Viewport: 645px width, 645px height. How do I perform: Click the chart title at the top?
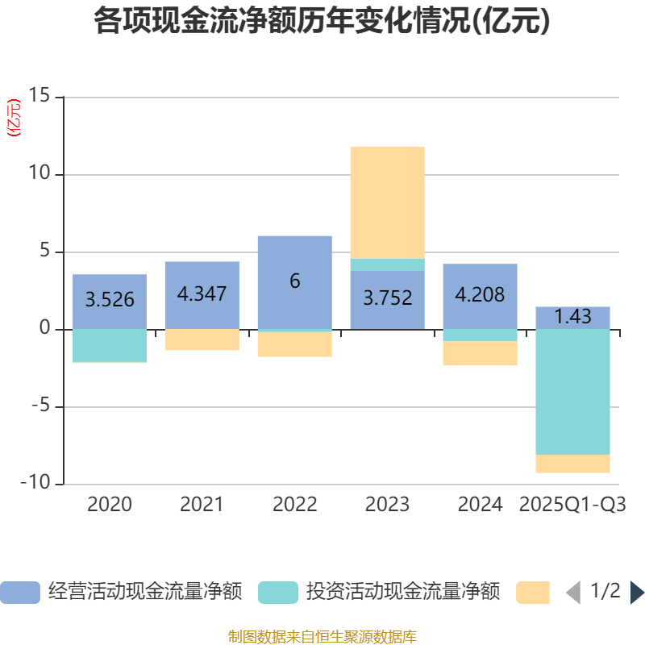(322, 22)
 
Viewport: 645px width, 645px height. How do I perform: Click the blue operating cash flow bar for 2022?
(294, 258)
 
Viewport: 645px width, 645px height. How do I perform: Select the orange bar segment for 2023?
(387, 202)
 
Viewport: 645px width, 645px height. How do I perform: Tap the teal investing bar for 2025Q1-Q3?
(572, 392)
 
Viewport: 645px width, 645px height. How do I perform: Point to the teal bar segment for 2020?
(110, 346)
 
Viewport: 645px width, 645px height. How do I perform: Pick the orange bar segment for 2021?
(202, 339)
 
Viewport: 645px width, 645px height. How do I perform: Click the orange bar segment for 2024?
(480, 354)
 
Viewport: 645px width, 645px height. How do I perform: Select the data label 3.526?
(110, 300)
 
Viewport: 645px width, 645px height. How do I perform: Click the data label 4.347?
(202, 293)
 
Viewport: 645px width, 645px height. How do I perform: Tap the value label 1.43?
(572, 317)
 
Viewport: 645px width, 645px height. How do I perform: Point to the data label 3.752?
(387, 298)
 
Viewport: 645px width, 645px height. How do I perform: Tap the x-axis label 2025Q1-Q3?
(572, 505)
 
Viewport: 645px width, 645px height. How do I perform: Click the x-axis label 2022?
(294, 505)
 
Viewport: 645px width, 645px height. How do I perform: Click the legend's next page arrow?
(637, 593)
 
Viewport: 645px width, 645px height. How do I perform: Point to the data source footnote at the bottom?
(322, 637)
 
